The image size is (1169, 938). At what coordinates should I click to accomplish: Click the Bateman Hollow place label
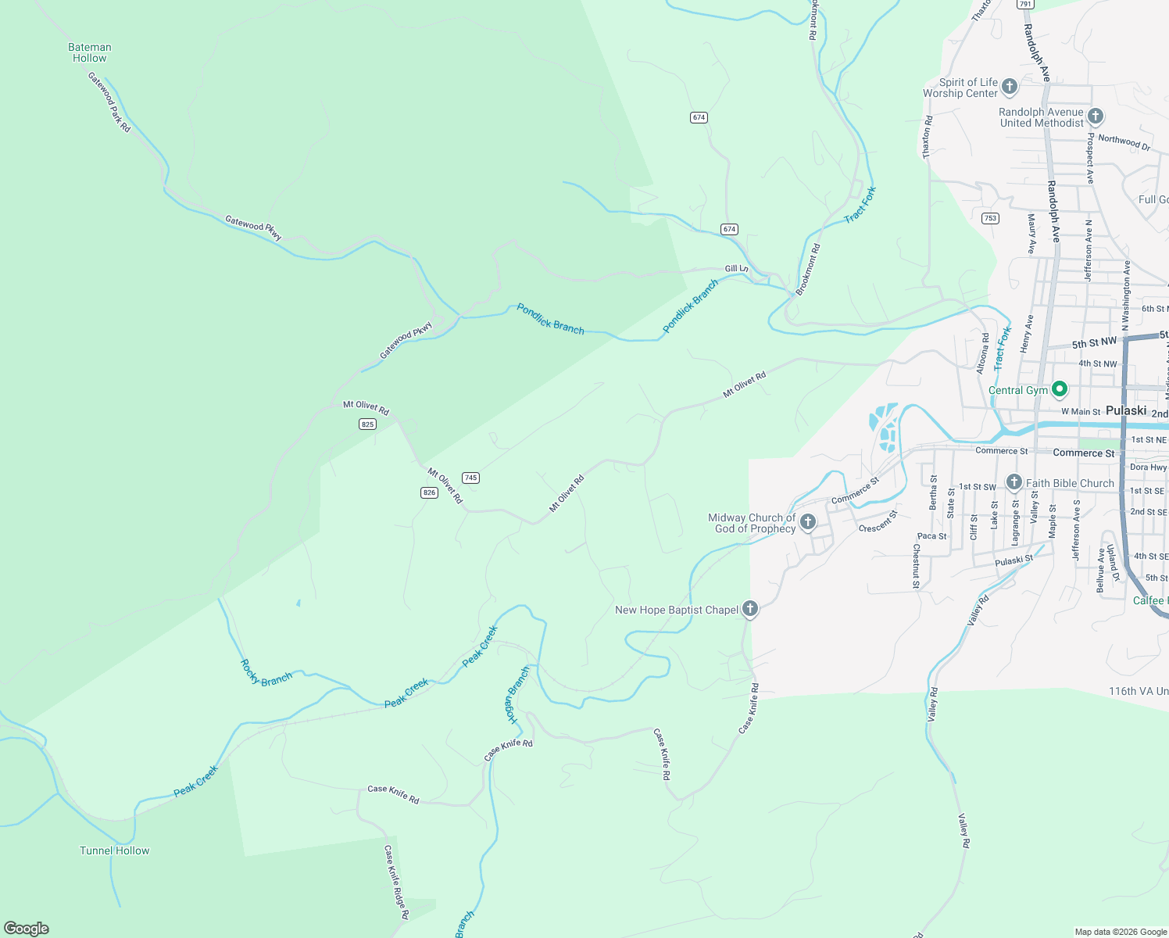point(90,52)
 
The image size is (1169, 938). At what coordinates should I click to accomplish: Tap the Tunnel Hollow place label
point(114,850)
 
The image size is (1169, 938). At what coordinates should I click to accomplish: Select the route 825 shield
point(368,424)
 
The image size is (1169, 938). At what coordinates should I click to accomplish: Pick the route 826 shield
point(429,492)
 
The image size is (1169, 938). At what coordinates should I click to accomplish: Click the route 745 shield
point(470,478)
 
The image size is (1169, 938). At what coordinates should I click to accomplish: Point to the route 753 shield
point(991,218)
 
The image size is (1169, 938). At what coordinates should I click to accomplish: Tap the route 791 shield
point(1025,5)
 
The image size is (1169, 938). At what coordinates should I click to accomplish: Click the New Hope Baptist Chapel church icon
point(749,609)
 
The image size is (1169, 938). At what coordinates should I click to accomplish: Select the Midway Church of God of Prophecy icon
point(808,522)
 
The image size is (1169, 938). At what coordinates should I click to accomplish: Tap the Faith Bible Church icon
point(1013,482)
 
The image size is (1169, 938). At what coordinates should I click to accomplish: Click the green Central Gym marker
point(1059,388)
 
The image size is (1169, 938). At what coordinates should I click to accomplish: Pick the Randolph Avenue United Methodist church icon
point(1095,117)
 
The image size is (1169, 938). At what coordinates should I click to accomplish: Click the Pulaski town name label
point(1126,410)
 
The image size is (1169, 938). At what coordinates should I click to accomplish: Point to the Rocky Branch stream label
point(266,673)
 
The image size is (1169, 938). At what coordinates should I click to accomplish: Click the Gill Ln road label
point(736,269)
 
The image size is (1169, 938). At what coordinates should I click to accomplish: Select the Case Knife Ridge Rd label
point(396,882)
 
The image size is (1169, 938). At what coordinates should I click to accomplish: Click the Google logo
point(27,929)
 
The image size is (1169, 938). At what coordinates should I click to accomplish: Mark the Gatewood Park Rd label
point(109,102)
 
